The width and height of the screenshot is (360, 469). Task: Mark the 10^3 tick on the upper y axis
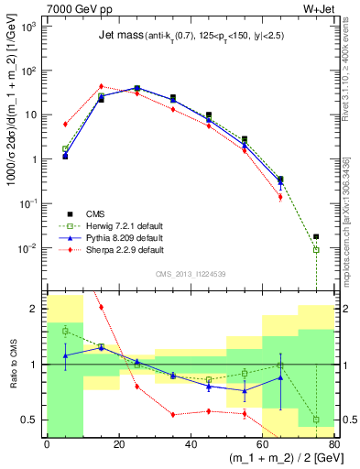click(29, 27)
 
